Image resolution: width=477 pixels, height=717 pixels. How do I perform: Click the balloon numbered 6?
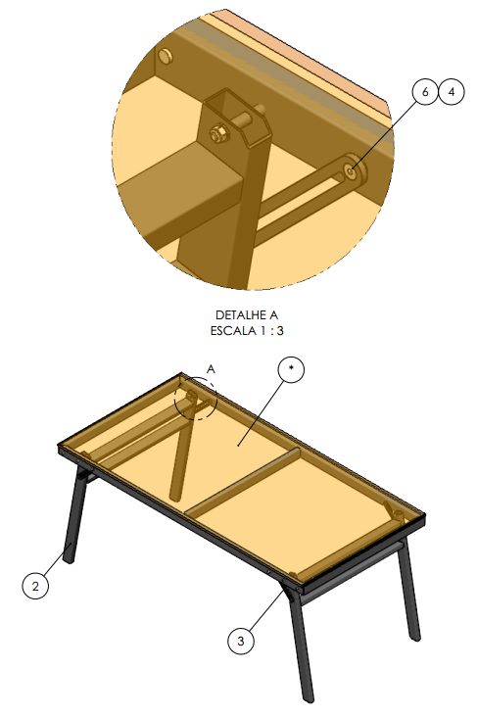425,92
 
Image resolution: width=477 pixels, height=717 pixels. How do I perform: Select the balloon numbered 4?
452,92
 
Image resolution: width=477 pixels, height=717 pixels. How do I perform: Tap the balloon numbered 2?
35,586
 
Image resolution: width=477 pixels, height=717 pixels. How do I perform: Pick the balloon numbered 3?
241,641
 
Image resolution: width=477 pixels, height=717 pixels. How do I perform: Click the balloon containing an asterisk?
291,369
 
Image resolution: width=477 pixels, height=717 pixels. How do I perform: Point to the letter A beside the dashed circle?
211,369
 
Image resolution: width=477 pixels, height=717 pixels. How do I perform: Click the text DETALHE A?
247,315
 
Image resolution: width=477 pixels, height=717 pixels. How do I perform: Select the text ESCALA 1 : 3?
247,331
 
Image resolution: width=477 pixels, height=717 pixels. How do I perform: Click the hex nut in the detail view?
217,133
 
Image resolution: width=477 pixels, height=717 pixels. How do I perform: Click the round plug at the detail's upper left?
166,57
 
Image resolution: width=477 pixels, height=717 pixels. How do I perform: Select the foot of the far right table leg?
414,636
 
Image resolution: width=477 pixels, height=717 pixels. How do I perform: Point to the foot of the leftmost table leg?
70,558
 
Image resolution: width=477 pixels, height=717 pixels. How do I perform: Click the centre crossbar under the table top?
242,481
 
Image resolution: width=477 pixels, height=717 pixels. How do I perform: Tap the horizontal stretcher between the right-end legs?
352,568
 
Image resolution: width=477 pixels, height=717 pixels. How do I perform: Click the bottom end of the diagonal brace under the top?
175,494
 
